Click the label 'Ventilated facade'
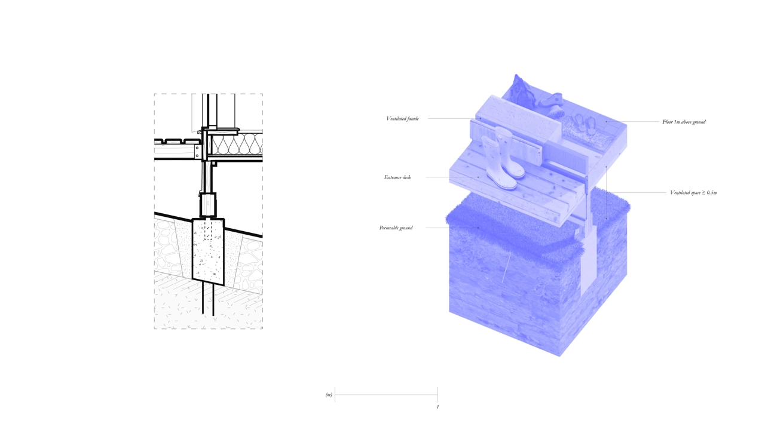pyautogui.click(x=402, y=119)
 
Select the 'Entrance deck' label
pyautogui.click(x=397, y=177)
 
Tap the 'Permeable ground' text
pyautogui.click(x=396, y=228)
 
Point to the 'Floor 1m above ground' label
pyautogui.click(x=684, y=122)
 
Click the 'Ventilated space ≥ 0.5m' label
pyautogui.click(x=693, y=193)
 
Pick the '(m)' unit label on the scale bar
pyautogui.click(x=329, y=395)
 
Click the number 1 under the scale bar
pyautogui.click(x=437, y=407)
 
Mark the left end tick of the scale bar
pyautogui.click(x=335, y=395)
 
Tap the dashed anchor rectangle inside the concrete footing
pyautogui.click(x=208, y=231)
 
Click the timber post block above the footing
pyautogui.click(x=207, y=205)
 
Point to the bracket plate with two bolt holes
pyautogui.click(x=197, y=152)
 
